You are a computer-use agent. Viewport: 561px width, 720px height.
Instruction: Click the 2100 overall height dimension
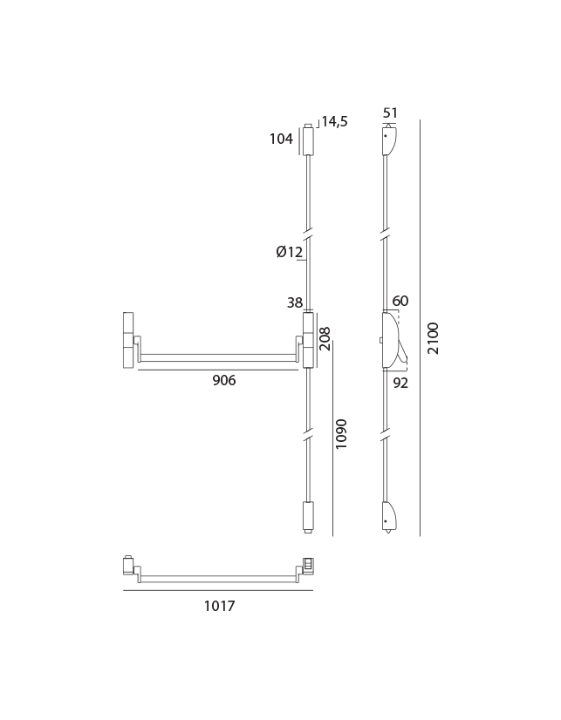click(433, 338)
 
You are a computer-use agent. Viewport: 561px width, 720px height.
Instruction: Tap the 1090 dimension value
click(341, 434)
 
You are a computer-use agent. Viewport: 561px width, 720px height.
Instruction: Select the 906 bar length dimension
click(223, 380)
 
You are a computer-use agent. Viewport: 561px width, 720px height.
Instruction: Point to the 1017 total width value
click(220, 606)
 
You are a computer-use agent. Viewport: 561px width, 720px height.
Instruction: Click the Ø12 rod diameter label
click(290, 252)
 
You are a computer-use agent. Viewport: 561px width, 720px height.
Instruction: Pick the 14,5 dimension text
click(334, 121)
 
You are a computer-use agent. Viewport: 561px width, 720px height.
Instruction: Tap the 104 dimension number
click(281, 139)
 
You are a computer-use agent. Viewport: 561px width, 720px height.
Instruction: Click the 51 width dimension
click(390, 112)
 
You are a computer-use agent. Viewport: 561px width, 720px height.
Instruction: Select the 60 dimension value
click(400, 301)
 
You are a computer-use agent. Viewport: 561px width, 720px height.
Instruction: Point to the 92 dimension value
click(400, 383)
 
